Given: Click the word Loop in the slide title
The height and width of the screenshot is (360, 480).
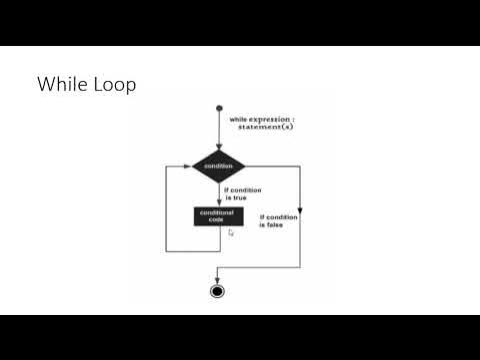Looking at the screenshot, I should tap(113, 85).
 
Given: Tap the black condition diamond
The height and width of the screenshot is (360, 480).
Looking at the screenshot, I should tap(218, 166).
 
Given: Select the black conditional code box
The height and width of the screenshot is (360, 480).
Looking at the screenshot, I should tap(218, 215).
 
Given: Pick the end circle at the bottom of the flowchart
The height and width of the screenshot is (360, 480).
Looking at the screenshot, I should tap(218, 291).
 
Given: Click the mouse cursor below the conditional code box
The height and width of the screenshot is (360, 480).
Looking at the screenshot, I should tap(231, 233).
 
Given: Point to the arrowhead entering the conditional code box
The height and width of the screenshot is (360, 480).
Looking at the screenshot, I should tap(218, 203).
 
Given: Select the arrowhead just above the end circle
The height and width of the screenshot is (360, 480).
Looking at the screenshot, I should tap(218, 279).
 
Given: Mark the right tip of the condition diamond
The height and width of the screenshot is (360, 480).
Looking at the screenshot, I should tap(246, 166).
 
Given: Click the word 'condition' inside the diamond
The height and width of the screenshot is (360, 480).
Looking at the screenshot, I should tap(218, 166).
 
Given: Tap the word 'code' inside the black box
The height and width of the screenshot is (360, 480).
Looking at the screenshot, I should tap(218, 219).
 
